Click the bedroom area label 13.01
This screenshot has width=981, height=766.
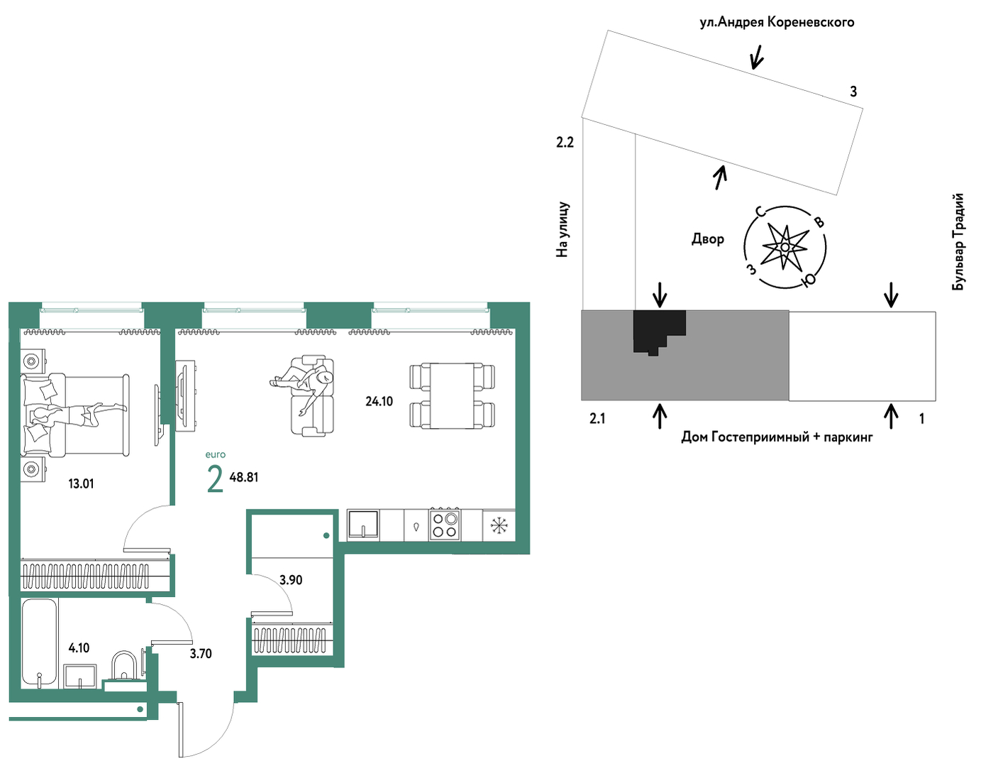pyautogui.click(x=82, y=483)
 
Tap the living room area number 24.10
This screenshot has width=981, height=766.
pyautogui.click(x=379, y=401)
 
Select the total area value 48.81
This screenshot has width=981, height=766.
pyautogui.click(x=244, y=477)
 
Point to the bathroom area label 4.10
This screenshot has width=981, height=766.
pyautogui.click(x=79, y=648)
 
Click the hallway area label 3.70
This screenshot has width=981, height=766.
pyautogui.click(x=201, y=654)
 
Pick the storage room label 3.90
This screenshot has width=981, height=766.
pyautogui.click(x=291, y=579)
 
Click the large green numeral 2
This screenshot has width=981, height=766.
pyautogui.click(x=215, y=480)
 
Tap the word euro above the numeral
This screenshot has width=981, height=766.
pyautogui.click(x=216, y=454)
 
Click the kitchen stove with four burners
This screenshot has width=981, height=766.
pyautogui.click(x=445, y=524)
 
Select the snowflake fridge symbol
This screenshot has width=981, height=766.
pyautogui.click(x=499, y=525)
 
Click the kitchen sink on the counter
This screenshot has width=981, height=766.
pyautogui.click(x=363, y=525)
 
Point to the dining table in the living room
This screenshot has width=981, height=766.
pyautogui.click(x=452, y=395)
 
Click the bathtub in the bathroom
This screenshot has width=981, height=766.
pyautogui.click(x=40, y=643)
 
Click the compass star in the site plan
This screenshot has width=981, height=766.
pyautogui.click(x=785, y=247)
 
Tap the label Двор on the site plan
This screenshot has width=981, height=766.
pyautogui.click(x=707, y=239)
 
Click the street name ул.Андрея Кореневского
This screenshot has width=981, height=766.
pyautogui.click(x=777, y=22)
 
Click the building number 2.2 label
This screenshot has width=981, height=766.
pyautogui.click(x=565, y=143)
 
